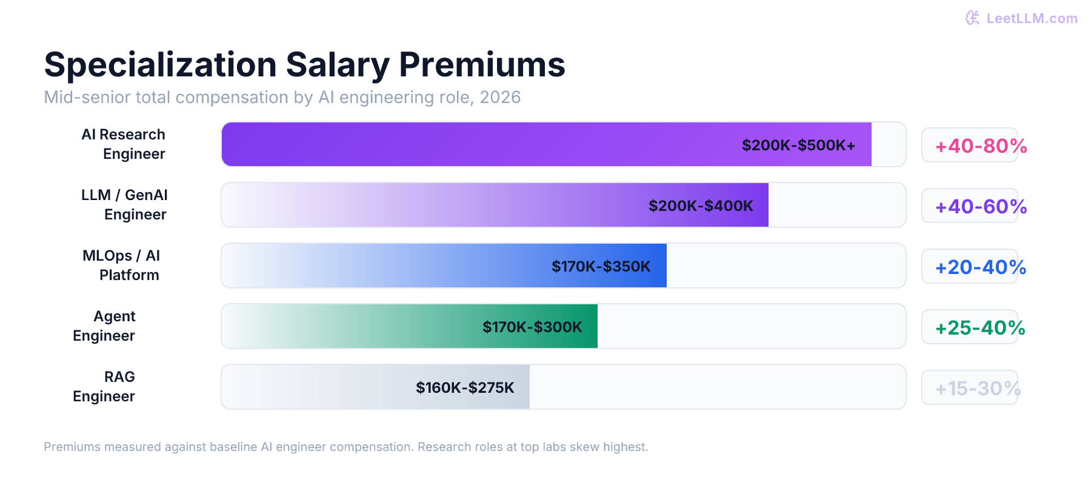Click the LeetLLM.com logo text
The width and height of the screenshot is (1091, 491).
point(1032,18)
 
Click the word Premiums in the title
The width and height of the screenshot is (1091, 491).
point(482,64)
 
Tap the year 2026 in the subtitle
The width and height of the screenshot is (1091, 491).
point(500,98)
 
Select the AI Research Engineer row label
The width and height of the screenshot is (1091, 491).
point(124,144)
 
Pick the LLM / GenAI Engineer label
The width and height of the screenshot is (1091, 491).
point(125,205)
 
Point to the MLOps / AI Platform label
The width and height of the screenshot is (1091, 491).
point(122,266)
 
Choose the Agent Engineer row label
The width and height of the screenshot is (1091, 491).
point(104,326)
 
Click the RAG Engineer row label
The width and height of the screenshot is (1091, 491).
point(104,387)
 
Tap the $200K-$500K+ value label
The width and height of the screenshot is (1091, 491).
point(798,145)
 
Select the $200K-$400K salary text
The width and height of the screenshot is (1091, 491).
point(701,206)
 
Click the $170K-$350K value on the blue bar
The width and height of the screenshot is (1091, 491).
point(601,267)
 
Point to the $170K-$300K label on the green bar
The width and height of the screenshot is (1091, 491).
point(532,327)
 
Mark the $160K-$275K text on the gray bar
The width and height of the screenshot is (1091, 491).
point(465,388)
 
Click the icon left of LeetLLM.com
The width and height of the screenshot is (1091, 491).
point(972,18)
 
